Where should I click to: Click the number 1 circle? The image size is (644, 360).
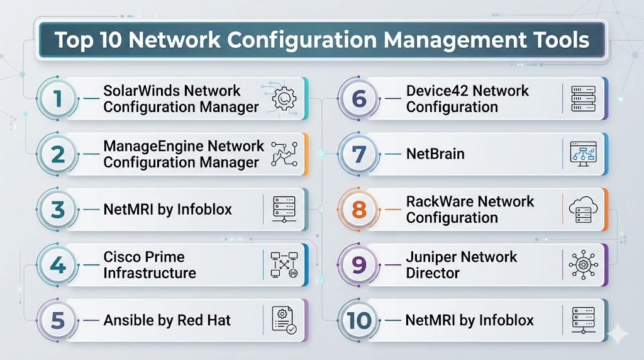point(57,99)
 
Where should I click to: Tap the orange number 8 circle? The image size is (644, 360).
point(358,210)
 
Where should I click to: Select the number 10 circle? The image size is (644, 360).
point(358,320)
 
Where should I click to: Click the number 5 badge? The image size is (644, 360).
point(57,320)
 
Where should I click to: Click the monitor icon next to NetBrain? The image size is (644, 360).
point(582,154)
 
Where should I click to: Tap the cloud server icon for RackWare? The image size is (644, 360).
point(582,210)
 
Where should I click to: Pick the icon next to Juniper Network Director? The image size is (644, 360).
point(582,265)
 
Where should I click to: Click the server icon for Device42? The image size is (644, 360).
point(582,99)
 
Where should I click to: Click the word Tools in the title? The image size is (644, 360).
point(560,40)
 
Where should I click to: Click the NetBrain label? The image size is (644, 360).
point(435,154)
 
